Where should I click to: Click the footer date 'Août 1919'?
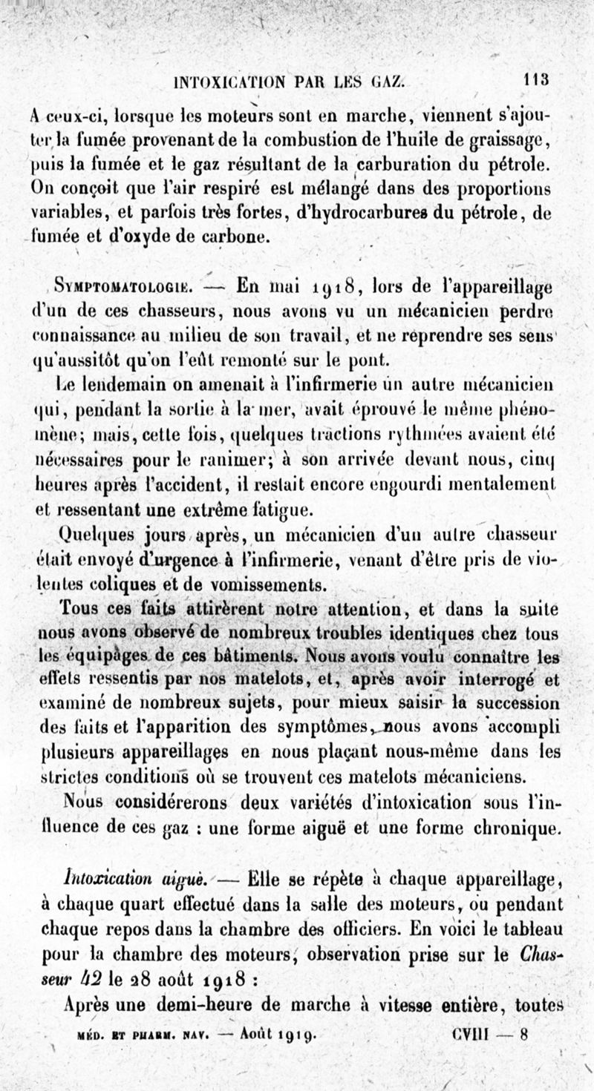287,1035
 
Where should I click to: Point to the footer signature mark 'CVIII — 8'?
489,1034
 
